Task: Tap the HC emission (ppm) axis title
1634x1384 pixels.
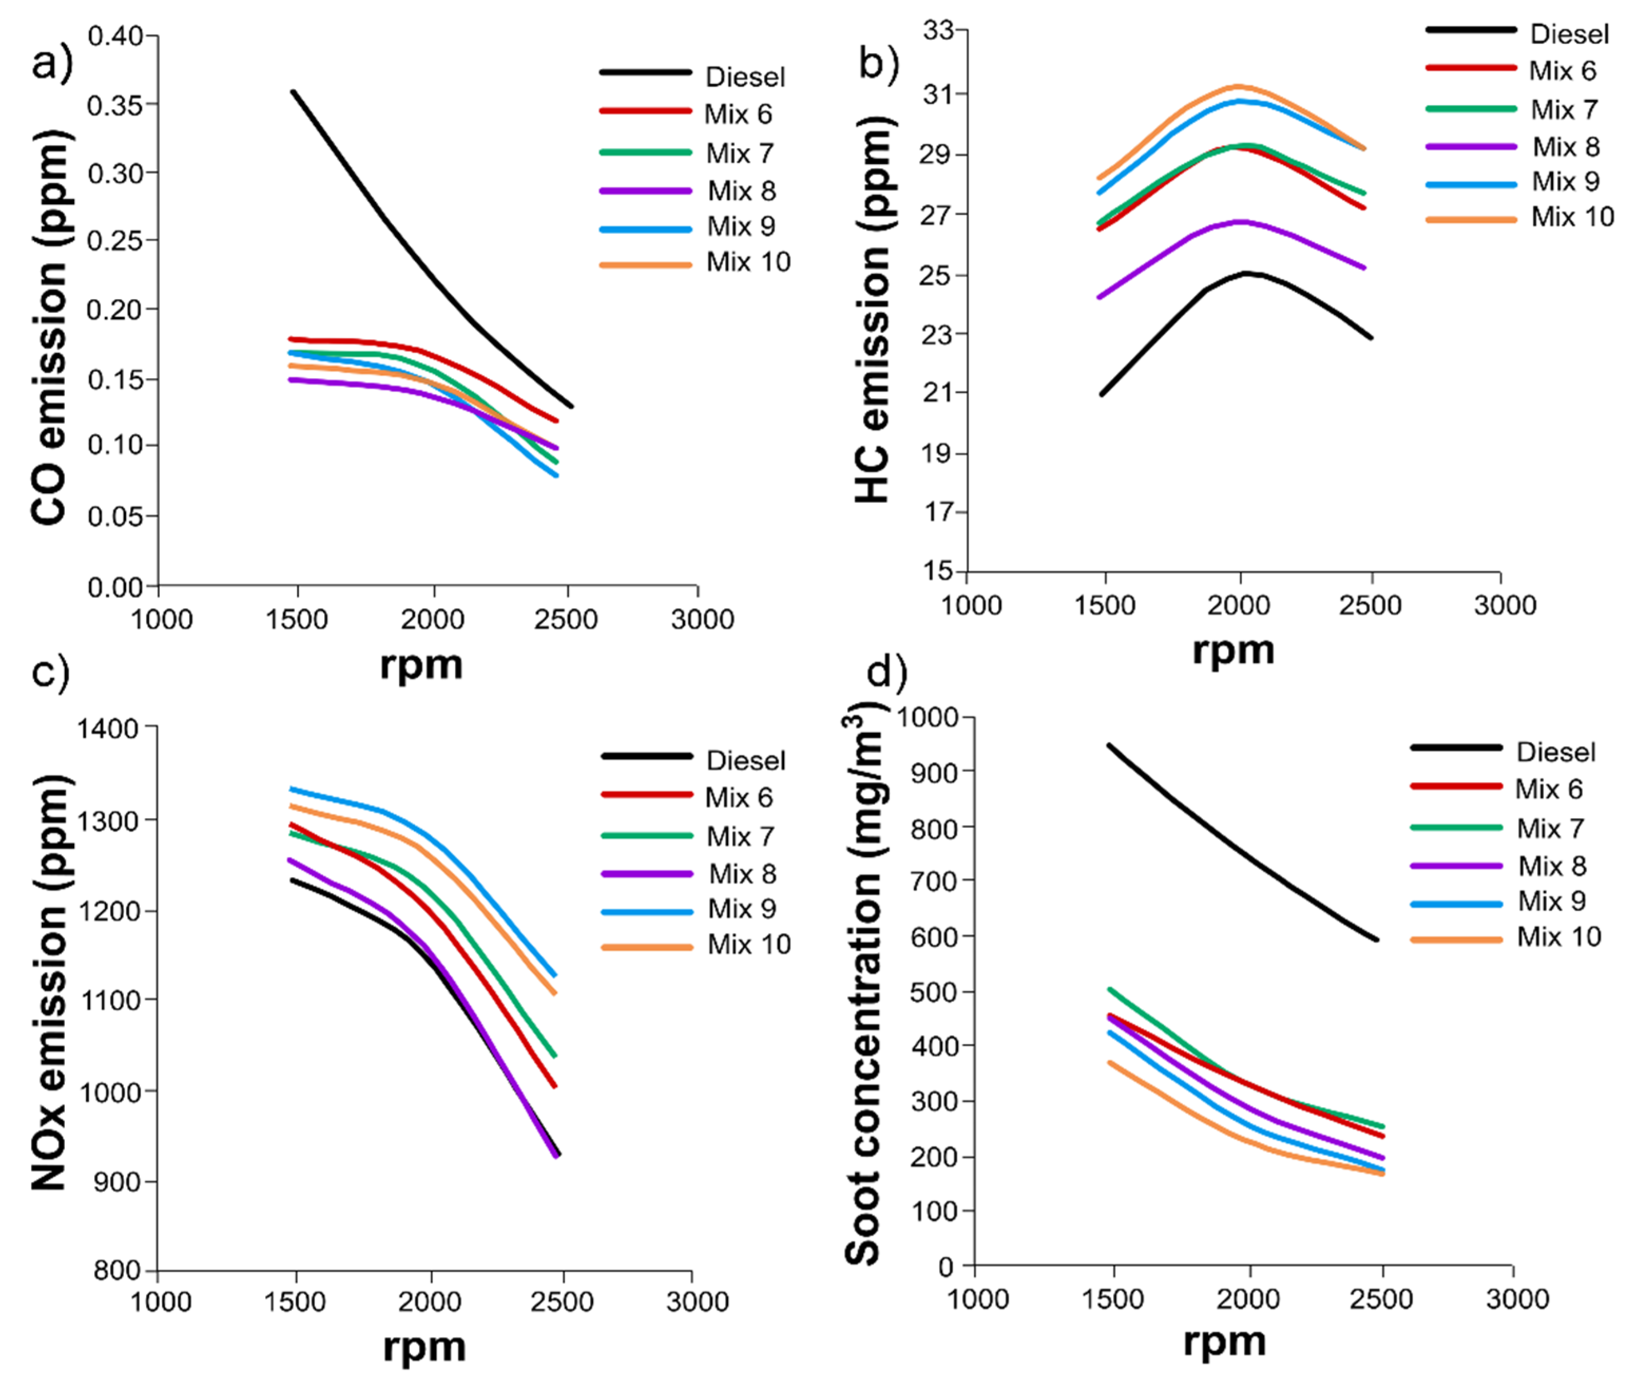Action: pyautogui.click(x=873, y=310)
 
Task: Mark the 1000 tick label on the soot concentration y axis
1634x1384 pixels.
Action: pyautogui.click(x=927, y=717)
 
